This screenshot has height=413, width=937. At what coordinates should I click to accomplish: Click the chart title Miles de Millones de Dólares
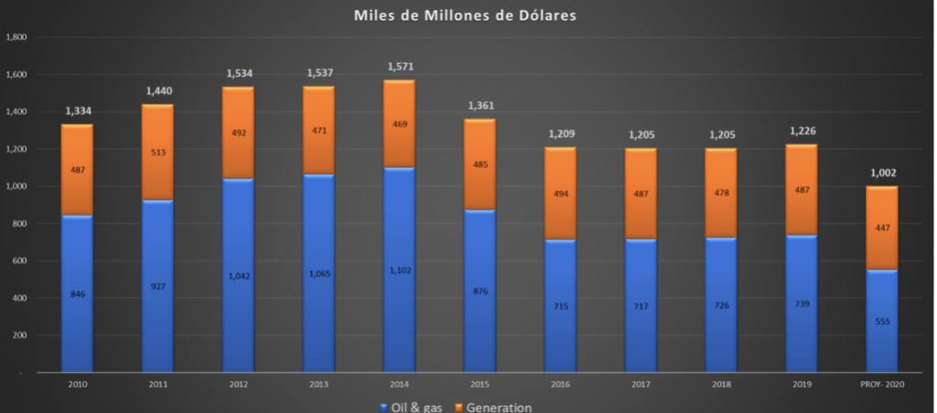[x=468, y=16]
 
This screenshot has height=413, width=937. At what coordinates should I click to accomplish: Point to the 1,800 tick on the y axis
[x=16, y=37]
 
